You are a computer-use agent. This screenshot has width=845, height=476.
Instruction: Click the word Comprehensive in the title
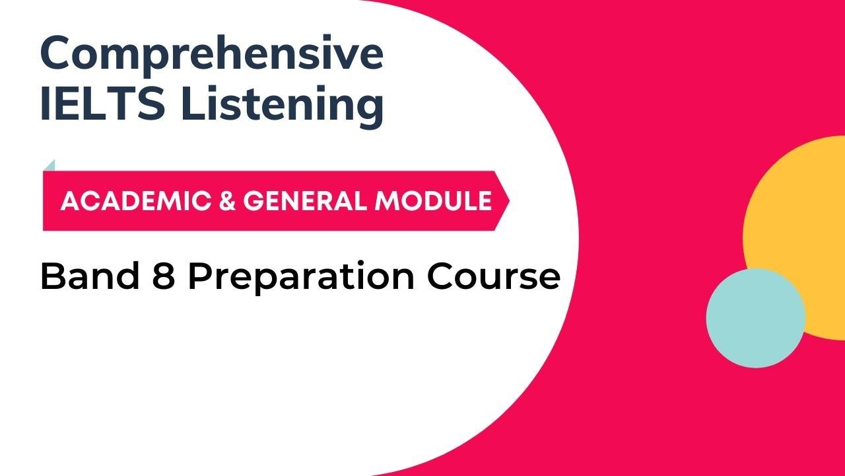pyautogui.click(x=212, y=56)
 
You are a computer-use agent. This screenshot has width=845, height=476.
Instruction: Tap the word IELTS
pyautogui.click(x=102, y=102)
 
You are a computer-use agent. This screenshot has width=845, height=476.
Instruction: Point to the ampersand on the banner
pyautogui.click(x=227, y=200)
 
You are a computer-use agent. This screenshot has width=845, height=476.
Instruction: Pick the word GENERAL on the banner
pyautogui.click(x=305, y=200)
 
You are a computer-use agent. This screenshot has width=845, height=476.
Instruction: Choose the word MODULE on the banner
pyautogui.click(x=433, y=200)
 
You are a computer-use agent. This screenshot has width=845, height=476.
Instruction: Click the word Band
pyautogui.click(x=90, y=276)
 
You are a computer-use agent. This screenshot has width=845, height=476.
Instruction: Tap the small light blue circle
pyautogui.click(x=756, y=318)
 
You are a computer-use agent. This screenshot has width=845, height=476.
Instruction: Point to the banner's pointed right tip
pyautogui.click(x=509, y=200)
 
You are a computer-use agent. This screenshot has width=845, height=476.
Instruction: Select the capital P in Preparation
pyautogui.click(x=200, y=276)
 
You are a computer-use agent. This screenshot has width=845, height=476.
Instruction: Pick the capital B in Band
pyautogui.click(x=53, y=276)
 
